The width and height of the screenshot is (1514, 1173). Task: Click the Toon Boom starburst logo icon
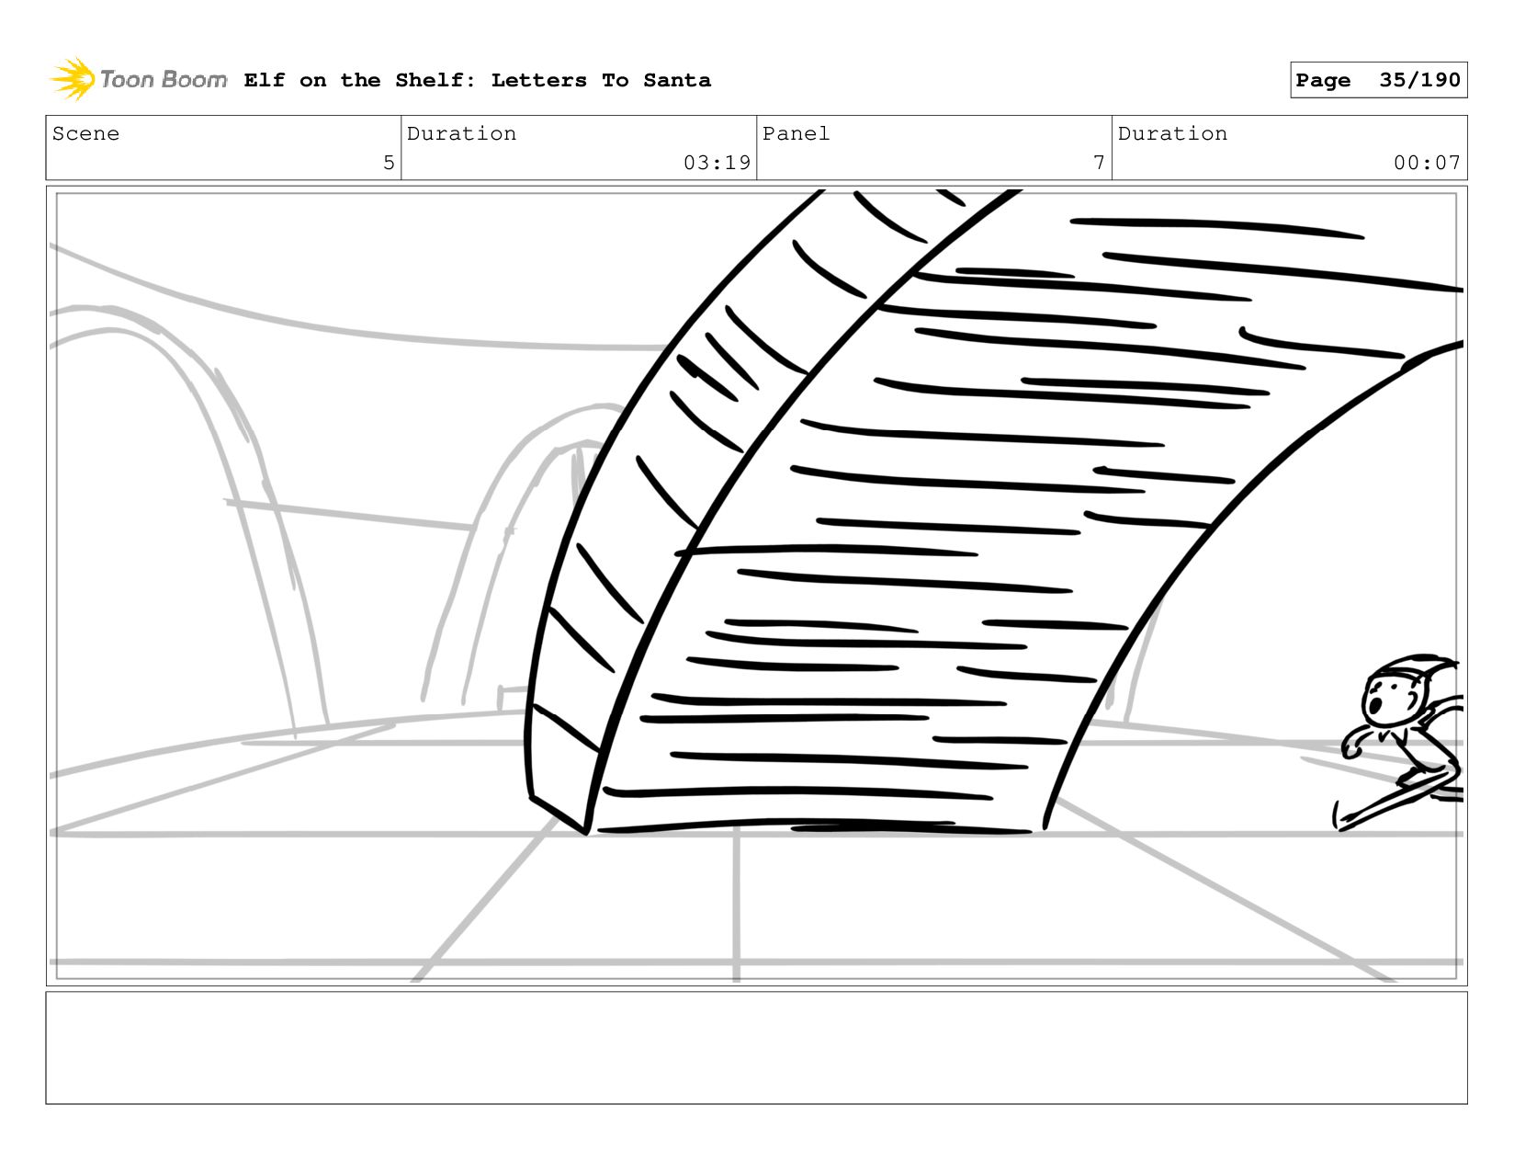73,79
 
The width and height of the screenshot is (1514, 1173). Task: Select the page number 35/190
1418,81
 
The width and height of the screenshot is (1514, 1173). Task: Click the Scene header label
85,134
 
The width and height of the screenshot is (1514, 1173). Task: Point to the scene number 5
389,164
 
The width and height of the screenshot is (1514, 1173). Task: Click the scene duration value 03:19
717,164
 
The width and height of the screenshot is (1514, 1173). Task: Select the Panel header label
796,134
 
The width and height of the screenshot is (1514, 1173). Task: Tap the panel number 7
1099,164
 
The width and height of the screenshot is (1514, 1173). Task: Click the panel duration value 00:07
1426,164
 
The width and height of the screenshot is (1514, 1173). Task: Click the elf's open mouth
1376,707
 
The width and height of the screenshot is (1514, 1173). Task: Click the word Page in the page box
1323,81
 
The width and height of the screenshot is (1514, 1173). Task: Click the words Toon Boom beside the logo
163,80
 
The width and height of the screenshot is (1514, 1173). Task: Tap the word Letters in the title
538,81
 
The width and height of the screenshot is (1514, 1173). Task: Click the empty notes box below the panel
756,1047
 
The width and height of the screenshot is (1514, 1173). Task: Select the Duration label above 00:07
1172,134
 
